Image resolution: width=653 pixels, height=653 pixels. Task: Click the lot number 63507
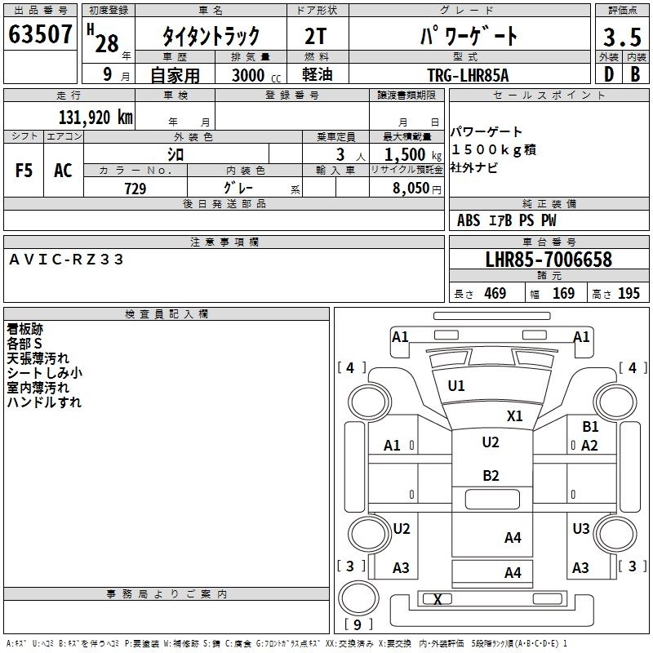41,36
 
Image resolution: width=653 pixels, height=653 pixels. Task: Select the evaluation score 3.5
620,38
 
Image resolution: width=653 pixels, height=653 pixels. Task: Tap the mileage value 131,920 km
96,117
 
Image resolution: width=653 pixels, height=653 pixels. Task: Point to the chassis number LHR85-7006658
548,260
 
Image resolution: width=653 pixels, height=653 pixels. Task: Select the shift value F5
24,171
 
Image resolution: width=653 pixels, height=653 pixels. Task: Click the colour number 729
135,189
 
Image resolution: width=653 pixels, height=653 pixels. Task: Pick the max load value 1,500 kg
409,154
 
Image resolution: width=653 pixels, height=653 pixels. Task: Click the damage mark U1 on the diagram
456,386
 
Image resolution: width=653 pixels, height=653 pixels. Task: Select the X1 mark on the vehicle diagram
514,415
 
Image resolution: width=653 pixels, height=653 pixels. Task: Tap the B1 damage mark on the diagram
590,426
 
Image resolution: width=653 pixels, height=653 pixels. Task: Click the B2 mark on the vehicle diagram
490,476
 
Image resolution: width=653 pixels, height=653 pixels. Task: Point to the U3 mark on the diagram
580,529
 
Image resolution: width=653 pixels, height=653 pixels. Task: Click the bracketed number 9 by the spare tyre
358,625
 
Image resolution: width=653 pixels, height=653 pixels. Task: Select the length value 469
494,294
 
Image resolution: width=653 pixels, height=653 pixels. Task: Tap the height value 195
629,294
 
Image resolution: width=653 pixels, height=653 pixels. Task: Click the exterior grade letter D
608,74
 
